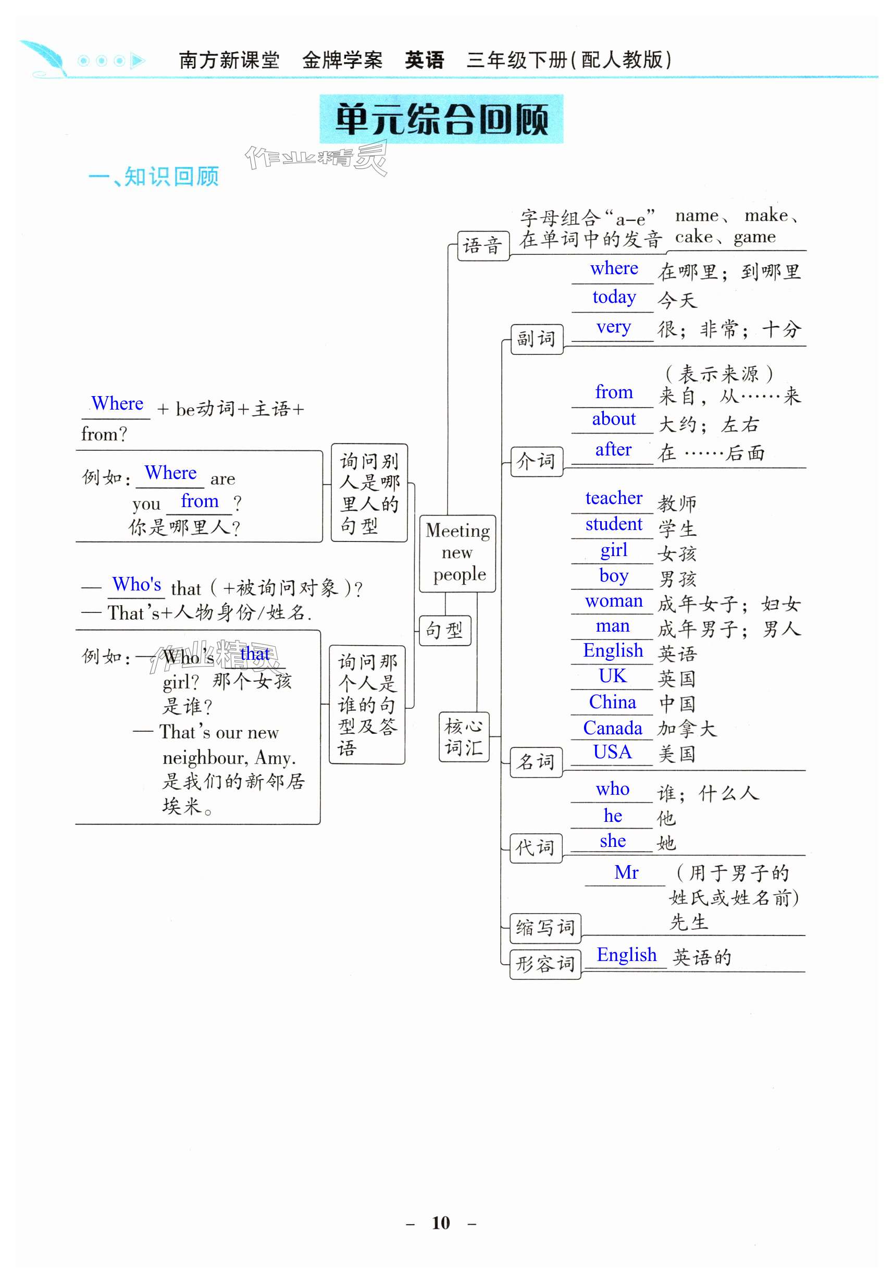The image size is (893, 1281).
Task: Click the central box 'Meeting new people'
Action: click(x=457, y=552)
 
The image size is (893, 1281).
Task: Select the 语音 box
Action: click(x=482, y=245)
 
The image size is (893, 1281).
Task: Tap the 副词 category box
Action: click(x=537, y=339)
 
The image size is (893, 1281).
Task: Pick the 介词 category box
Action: click(x=537, y=461)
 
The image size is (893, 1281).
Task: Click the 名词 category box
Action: click(x=536, y=761)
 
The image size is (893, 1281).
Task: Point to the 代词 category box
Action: click(x=536, y=848)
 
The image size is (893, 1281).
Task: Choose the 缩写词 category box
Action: click(x=545, y=927)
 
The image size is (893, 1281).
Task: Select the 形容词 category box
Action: click(x=545, y=964)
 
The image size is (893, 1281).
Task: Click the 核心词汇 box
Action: click(x=464, y=736)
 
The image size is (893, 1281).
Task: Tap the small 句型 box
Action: click(x=444, y=631)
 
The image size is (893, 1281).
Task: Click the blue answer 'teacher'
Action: click(x=614, y=498)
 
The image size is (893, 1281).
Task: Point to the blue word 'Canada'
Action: click(x=612, y=728)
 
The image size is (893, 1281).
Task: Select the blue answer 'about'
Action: click(x=614, y=419)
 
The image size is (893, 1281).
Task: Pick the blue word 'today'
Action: click(x=614, y=297)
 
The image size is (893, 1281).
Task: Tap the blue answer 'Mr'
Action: click(x=626, y=872)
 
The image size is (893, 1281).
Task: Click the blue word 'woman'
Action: click(x=614, y=601)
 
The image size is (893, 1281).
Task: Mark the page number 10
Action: click(x=441, y=1223)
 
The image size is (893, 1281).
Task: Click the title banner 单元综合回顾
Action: click(x=441, y=119)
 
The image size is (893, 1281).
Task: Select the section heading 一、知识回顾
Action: click(x=154, y=177)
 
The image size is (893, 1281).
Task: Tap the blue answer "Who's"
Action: click(x=137, y=584)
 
